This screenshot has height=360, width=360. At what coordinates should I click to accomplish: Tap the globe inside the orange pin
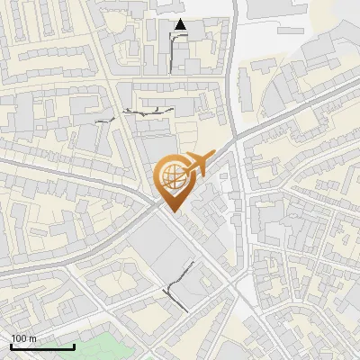pyautogui.click(x=172, y=176)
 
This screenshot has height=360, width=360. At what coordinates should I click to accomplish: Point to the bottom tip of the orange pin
pyautogui.click(x=172, y=211)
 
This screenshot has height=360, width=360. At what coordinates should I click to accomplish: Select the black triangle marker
pyautogui.click(x=181, y=25)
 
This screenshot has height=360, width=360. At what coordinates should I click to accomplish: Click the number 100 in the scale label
pyautogui.click(x=20, y=338)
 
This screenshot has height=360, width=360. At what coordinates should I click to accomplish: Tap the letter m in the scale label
pyautogui.click(x=33, y=338)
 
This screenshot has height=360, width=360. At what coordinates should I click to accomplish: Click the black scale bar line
pyautogui.click(x=41, y=346)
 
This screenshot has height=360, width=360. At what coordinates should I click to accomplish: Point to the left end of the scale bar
pyautogui.click(x=11, y=346)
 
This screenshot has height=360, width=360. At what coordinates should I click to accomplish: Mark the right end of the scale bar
pyautogui.click(x=74, y=346)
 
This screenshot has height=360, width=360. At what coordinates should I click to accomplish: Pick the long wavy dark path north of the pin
pyautogui.click(x=148, y=111)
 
